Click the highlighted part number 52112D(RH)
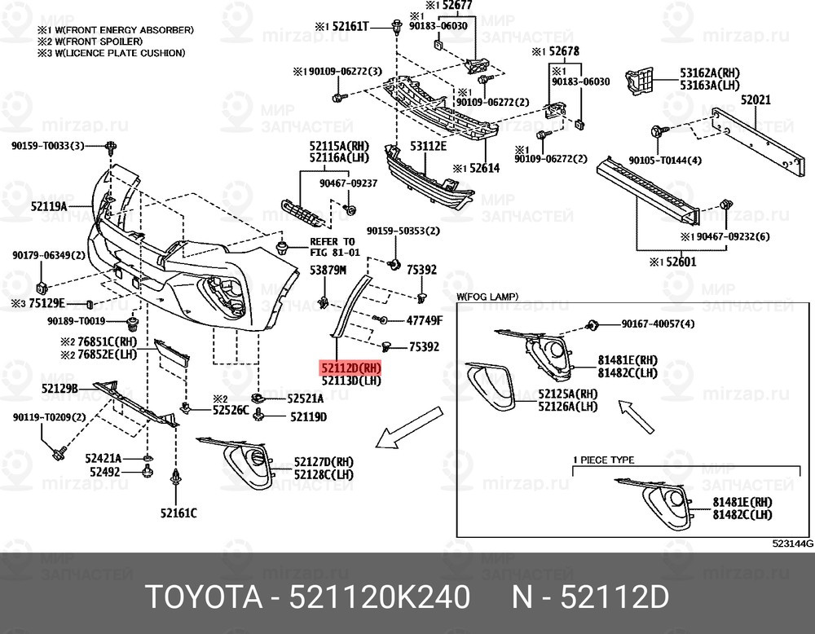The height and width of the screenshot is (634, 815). click(350, 368)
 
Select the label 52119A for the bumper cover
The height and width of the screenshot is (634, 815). click(48, 207)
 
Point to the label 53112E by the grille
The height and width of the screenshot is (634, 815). click(428, 147)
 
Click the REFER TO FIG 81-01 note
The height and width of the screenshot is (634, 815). click(332, 247)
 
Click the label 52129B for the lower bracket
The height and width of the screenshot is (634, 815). click(59, 390)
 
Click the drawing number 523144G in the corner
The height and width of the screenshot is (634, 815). click(793, 543)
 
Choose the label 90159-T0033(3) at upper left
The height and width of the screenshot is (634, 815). click(47, 146)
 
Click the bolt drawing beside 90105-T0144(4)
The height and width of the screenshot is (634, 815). click(656, 130)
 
